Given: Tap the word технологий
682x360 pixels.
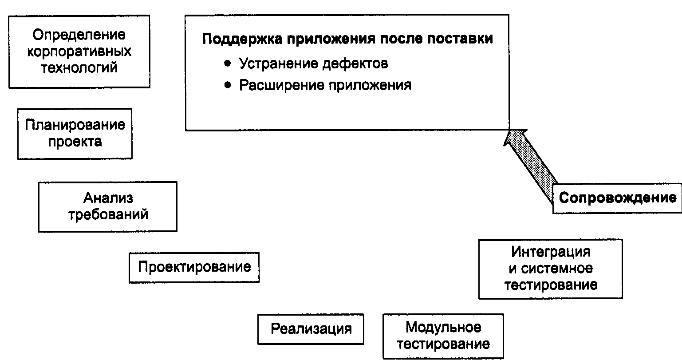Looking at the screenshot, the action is coord(79,67).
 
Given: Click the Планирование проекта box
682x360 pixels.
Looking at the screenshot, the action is coord(75,134).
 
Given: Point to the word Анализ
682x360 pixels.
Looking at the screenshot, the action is coord(108,198).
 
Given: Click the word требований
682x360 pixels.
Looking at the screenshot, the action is coord(108,215).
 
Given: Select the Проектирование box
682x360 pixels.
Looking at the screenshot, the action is coord(194,268).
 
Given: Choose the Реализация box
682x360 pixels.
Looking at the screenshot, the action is coord(311,329).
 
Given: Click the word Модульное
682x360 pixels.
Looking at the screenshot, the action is coord(443,328).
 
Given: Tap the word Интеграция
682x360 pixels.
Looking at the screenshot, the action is coord(551,252).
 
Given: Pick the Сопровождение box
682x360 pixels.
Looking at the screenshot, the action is coord(617,198).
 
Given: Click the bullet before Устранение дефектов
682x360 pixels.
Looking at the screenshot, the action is coord(228,63).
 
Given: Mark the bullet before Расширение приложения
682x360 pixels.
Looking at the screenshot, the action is coord(228,85).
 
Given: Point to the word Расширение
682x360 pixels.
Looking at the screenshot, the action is coord(282,85).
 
